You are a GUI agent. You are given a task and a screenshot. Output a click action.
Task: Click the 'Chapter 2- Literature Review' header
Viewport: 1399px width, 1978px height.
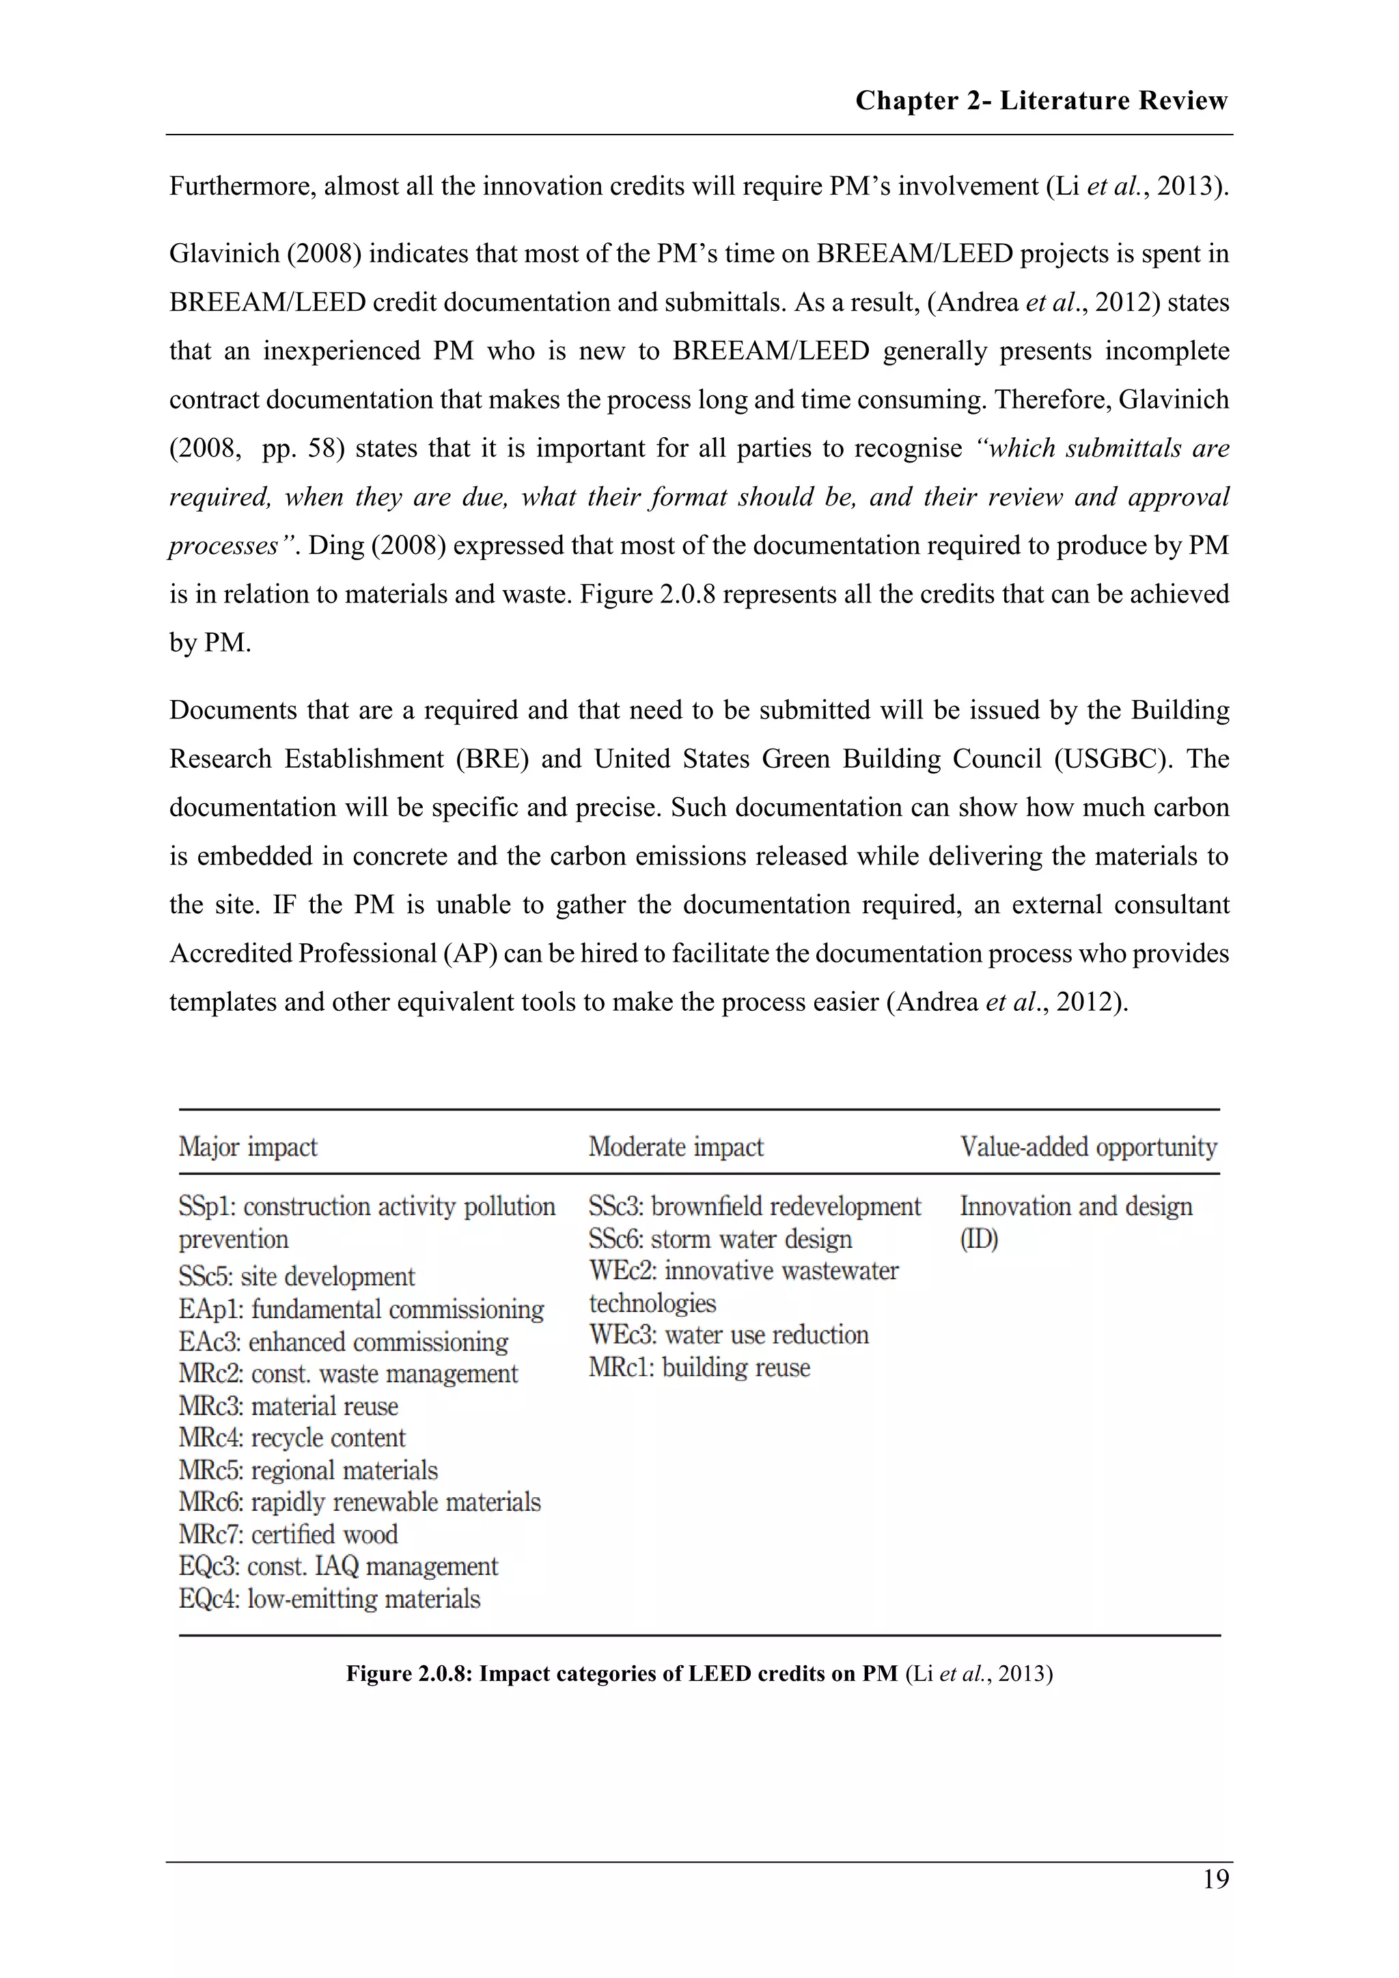click(x=1040, y=101)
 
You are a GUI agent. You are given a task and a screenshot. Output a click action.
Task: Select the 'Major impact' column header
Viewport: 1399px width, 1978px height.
click(x=248, y=1147)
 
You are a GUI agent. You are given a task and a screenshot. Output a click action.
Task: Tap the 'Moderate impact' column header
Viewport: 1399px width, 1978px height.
click(x=676, y=1147)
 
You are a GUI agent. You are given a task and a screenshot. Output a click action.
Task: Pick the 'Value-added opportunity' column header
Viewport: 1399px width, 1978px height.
click(x=1089, y=1147)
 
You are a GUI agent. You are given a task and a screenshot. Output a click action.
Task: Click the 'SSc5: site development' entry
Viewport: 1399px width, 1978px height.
click(x=296, y=1276)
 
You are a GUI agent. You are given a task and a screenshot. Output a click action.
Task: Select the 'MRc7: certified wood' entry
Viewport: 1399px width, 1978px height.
click(x=288, y=1534)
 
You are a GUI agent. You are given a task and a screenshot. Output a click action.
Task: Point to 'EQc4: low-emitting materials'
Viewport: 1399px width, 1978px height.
click(x=329, y=1599)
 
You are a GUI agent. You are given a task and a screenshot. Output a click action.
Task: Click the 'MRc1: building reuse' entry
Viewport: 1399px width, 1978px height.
click(x=699, y=1367)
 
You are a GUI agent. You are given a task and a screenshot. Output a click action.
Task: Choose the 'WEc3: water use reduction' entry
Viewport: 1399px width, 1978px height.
click(x=729, y=1335)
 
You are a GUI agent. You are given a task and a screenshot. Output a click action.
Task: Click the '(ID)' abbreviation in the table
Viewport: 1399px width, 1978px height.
click(x=979, y=1239)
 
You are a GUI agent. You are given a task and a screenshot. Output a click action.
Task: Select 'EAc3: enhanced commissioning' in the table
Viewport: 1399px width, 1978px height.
click(x=344, y=1341)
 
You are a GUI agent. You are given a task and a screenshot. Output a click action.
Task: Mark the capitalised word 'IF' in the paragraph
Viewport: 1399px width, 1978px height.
click(x=284, y=904)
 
